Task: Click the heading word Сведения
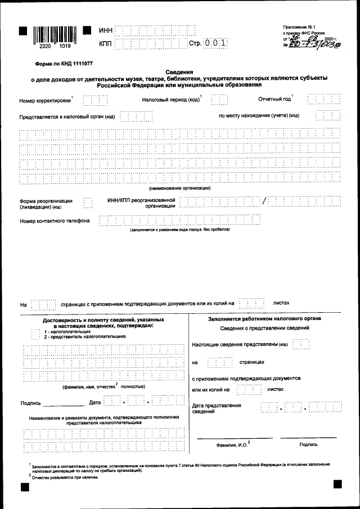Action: (179, 72)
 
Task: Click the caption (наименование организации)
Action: (179, 188)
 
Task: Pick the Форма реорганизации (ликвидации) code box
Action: (87, 203)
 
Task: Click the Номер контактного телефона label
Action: (55, 220)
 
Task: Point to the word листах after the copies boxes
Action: (281, 303)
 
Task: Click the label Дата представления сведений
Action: (217, 408)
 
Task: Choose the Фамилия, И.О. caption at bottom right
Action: (233, 445)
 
